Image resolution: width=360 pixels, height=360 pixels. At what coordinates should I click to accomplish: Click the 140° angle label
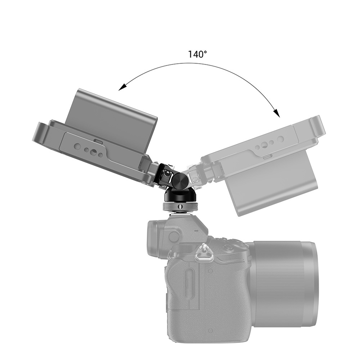click(198, 55)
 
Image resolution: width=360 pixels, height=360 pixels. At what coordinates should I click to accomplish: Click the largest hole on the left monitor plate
click(91, 150)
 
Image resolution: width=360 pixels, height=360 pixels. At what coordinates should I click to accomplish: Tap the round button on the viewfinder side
click(174, 237)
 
